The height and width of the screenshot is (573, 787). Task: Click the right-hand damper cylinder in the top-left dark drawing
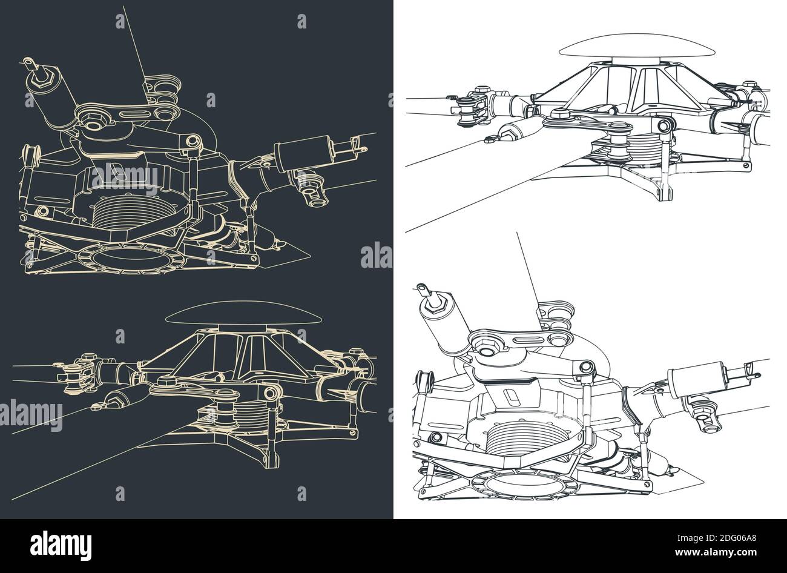coord(301,149)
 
